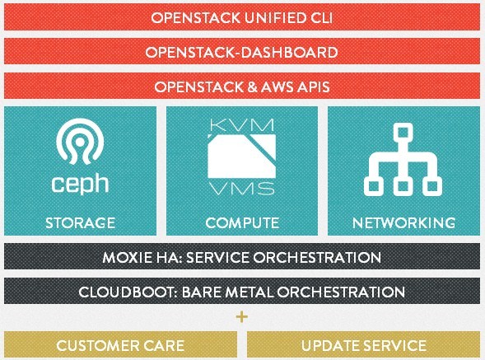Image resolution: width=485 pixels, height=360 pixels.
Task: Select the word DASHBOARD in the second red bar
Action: pos(290,53)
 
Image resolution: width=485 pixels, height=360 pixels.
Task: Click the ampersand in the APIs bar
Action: pos(252,87)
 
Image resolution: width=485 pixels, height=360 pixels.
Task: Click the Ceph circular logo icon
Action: pos(80,141)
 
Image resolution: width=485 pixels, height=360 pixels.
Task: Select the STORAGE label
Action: pos(81,223)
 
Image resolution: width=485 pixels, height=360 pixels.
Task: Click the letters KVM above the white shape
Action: pos(242,124)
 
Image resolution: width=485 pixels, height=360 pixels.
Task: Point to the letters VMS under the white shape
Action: pos(242,189)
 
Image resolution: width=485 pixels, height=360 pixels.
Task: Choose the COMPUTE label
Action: pos(242,223)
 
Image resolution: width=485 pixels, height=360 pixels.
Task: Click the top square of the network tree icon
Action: pos(403,133)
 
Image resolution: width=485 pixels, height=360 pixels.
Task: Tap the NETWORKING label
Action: pos(403,223)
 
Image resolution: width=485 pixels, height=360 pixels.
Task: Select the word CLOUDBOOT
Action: pos(128,292)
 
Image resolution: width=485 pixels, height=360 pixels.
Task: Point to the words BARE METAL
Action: pos(227,292)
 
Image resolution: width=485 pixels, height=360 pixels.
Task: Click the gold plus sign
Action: pos(242,316)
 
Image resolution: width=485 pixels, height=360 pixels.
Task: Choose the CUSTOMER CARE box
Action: pos(120,345)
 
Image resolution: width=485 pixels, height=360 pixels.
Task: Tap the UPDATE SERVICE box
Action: pos(363,345)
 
